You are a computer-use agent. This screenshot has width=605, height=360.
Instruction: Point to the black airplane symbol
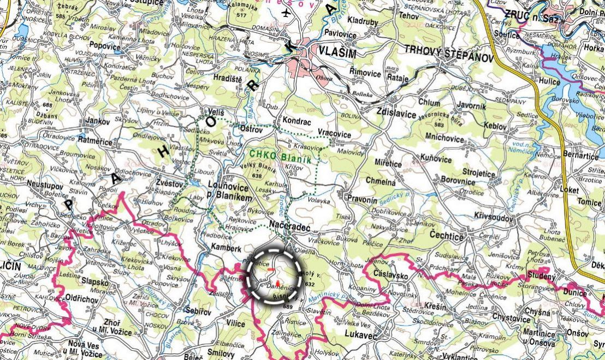pos(288,13)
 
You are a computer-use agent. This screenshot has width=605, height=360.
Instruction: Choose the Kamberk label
pos(227,248)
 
